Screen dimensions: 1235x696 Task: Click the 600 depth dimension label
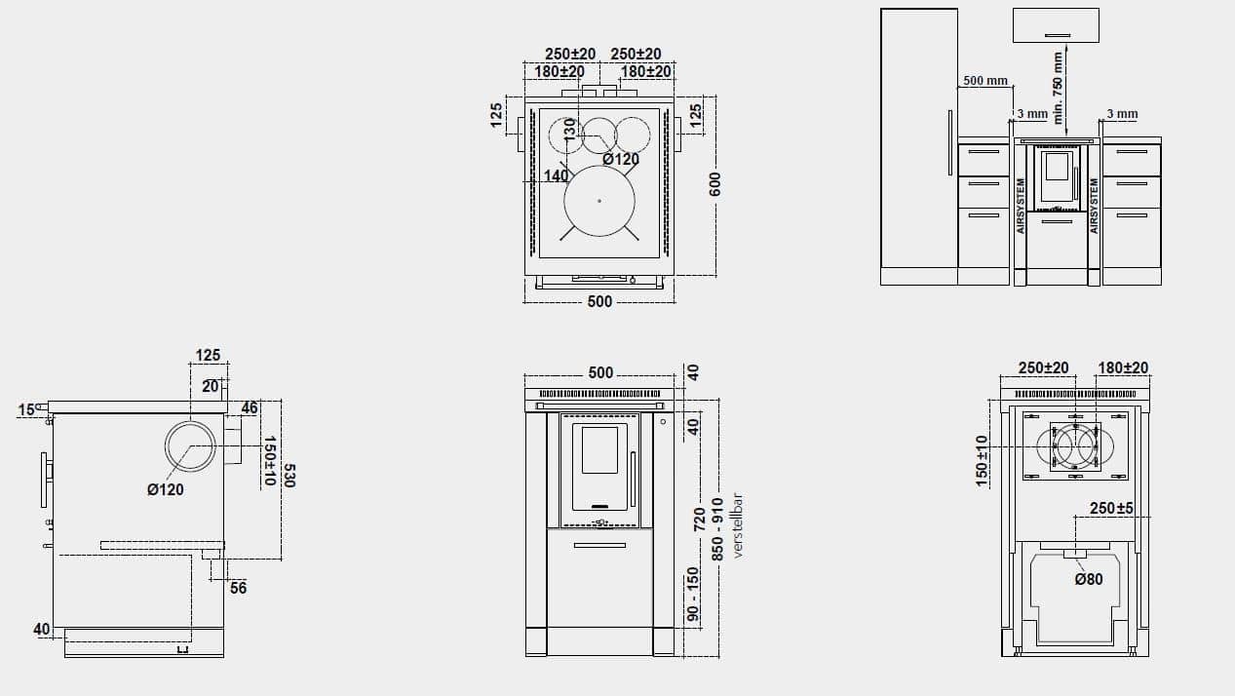click(714, 184)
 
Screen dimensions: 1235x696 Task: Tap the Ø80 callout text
click(1089, 579)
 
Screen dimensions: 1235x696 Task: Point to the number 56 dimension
click(238, 588)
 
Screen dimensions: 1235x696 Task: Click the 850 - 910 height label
click(716, 529)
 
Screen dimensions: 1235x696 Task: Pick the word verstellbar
click(738, 525)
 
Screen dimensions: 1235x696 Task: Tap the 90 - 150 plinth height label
click(692, 594)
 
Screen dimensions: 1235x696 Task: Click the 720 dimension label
click(699, 519)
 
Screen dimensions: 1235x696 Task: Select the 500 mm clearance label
click(985, 81)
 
